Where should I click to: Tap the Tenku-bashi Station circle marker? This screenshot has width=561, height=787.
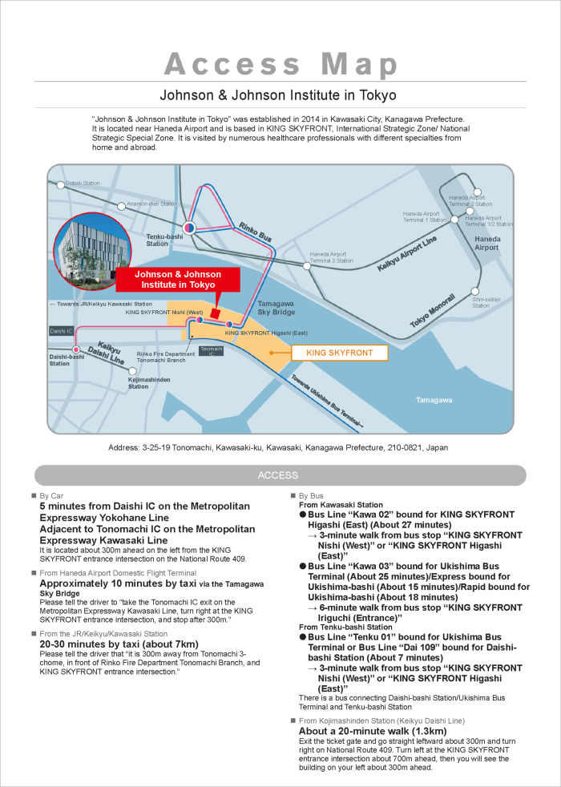189,228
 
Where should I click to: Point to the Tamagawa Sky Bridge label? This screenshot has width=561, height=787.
276,309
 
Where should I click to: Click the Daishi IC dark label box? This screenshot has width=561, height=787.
62,330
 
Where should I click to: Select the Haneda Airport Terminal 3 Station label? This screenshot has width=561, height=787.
332,257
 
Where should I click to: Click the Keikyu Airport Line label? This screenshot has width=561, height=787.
406,254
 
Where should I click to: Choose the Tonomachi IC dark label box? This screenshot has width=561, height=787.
211,351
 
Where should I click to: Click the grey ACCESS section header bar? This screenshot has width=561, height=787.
280,475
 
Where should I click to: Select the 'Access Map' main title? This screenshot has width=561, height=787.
280,63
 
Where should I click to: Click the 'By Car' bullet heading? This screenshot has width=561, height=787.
54,496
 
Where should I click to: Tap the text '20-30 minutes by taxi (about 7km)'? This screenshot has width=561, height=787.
119,644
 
